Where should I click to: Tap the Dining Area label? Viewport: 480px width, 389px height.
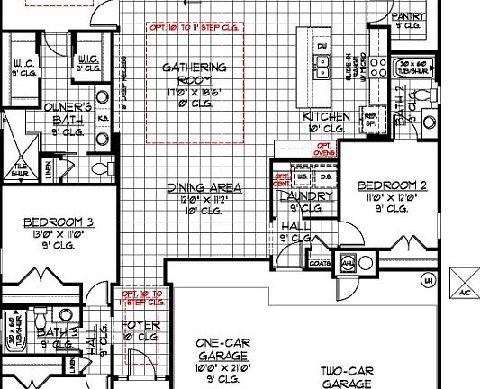click(x=204, y=188)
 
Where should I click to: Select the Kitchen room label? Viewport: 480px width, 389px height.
click(x=326, y=117)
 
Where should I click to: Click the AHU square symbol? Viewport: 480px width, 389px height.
click(x=349, y=263)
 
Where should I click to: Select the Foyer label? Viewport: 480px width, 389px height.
click(x=140, y=325)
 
